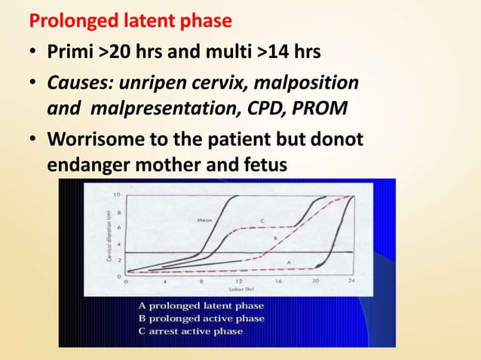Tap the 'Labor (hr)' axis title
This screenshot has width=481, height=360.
pos(238,289)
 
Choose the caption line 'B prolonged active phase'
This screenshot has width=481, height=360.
pos(201,319)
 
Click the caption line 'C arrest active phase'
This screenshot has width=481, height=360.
pos(191,332)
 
